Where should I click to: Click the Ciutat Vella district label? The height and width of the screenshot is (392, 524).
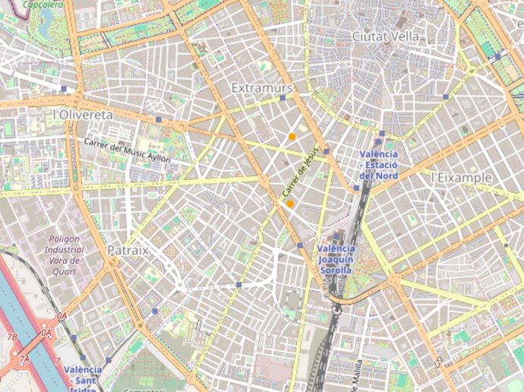(386, 36)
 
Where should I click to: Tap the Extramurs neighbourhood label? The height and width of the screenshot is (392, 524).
(262, 88)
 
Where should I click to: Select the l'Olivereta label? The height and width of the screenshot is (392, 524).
(83, 114)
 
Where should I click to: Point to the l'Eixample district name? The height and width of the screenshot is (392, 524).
(461, 177)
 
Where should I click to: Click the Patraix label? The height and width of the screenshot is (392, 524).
(128, 249)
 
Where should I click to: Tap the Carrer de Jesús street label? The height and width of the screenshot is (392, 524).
(298, 174)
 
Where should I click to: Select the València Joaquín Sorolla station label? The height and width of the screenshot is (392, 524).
(335, 259)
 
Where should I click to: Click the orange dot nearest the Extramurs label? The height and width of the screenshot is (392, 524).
(292, 137)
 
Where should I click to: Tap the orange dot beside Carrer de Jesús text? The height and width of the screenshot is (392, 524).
(290, 204)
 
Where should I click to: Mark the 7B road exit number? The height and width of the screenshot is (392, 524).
(12, 337)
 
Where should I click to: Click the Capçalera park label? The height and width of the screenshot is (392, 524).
(43, 4)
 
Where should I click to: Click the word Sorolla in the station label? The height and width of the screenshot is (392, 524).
(335, 270)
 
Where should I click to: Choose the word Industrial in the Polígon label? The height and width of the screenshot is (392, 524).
(64, 248)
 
